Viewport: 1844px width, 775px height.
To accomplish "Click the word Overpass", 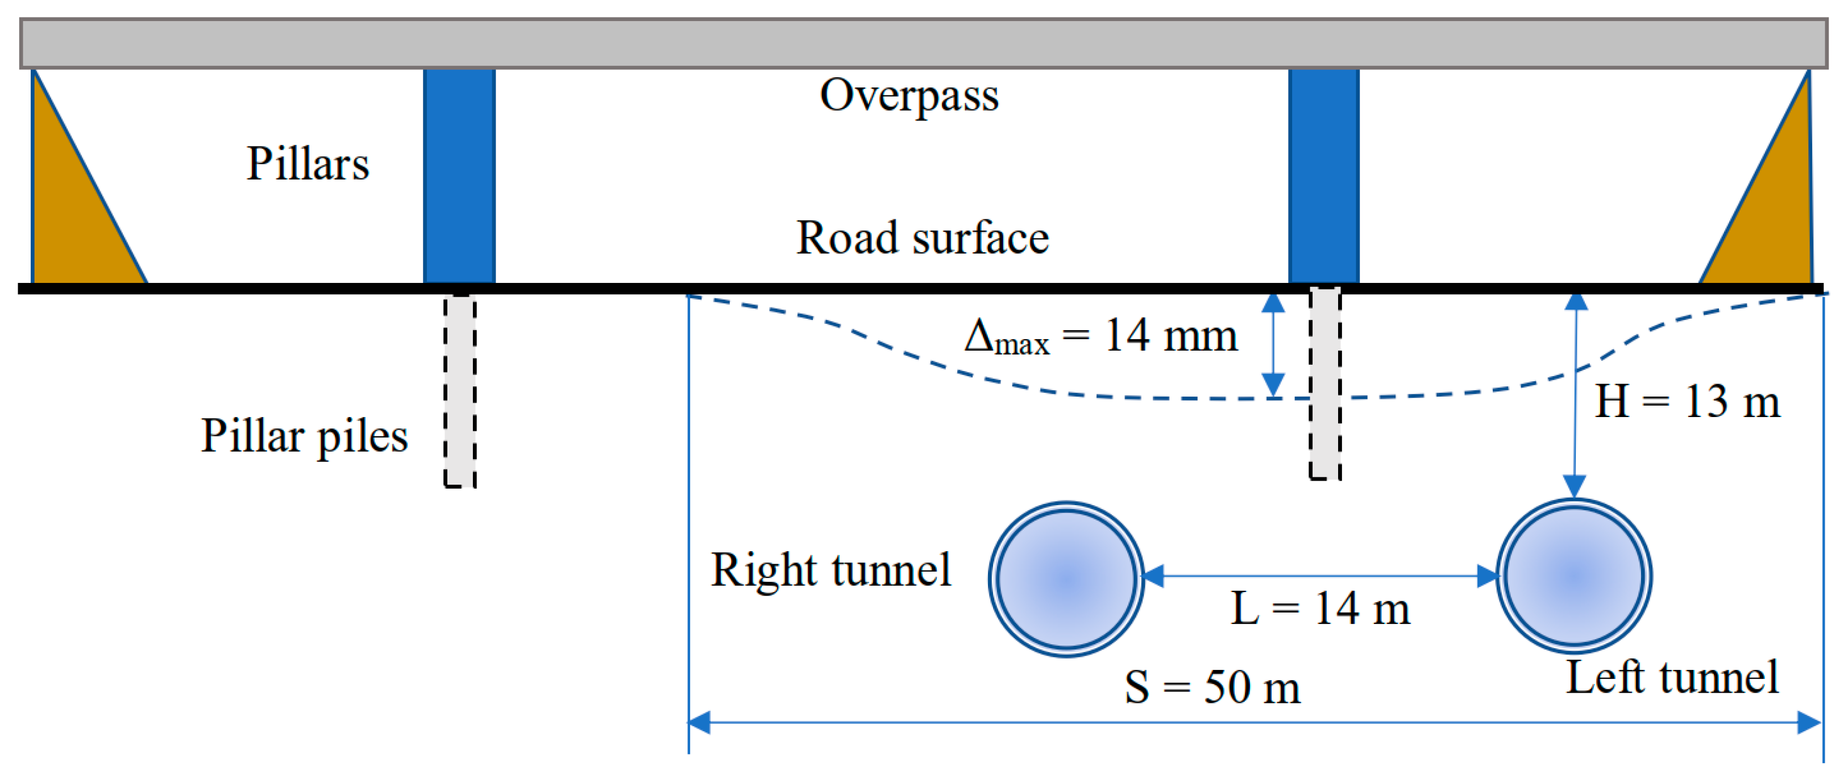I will coord(908,95).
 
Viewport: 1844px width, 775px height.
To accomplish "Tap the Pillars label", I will coord(308,163).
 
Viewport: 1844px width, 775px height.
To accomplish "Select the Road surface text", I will coord(922,238).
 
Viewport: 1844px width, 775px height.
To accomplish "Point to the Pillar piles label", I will coord(304,436).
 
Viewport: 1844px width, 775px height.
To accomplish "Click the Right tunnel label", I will coord(830,570).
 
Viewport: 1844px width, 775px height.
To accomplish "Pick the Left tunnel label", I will coord(1672,677).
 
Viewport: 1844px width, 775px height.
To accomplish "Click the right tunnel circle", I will coord(1066,578).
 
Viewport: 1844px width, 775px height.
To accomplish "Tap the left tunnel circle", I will coord(1573,576).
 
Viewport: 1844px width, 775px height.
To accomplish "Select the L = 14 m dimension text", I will coord(1320,609).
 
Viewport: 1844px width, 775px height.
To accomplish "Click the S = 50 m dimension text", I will coord(1212,687).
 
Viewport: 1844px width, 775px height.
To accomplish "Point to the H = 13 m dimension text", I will coord(1687,402).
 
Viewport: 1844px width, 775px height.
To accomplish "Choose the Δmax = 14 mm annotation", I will coord(1100,336).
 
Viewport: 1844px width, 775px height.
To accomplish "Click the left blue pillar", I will coord(459,176).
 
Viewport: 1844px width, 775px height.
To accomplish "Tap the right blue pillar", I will coord(1323,176).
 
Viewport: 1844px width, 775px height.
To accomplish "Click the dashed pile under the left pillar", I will coord(459,390).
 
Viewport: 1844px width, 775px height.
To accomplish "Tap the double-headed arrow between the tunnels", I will coord(1319,576).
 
